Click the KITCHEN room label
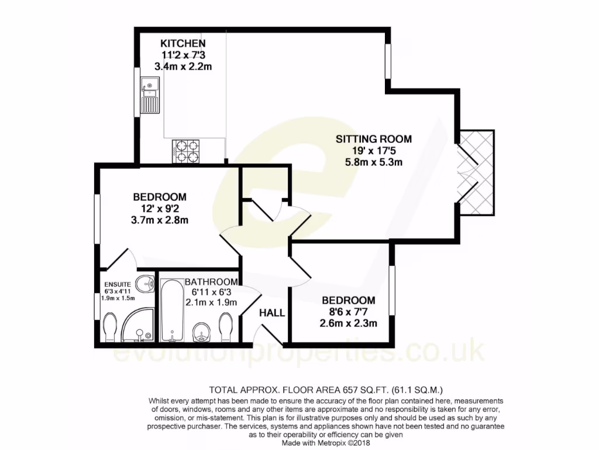coord(183,43)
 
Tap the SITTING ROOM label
coord(373,139)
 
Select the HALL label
coord(272,313)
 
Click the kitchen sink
coord(149,97)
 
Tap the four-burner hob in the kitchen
coord(187,151)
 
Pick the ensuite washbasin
coord(143,282)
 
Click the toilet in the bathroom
coord(226,326)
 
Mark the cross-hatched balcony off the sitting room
coord(477,172)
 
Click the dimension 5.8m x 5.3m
coord(373,162)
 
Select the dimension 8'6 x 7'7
coord(348,312)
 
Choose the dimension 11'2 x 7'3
coord(183,55)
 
